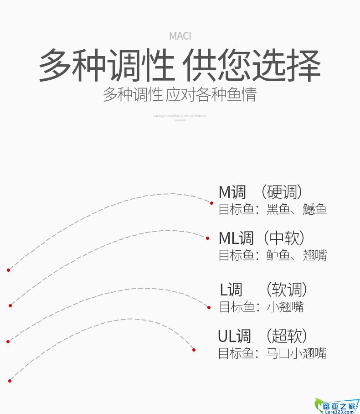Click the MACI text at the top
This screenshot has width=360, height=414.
180,36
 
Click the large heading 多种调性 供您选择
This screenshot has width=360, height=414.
180,66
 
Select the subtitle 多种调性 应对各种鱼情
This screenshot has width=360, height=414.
180,94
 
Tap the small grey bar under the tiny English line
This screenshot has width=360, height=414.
180,120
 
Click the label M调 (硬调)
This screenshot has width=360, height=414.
261,192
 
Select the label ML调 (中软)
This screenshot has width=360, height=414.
262,238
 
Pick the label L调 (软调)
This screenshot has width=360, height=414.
264,290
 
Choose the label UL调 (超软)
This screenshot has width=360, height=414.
262,336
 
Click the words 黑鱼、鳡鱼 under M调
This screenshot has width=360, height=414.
297,209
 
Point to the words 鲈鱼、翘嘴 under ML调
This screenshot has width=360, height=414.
297,255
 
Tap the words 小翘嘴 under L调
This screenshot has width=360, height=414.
285,307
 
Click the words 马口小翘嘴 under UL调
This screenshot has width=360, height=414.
297,353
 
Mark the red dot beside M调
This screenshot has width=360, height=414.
211,203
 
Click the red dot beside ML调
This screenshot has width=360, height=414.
208,238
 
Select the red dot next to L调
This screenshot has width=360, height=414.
209,307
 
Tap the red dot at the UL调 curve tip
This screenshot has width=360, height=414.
194,350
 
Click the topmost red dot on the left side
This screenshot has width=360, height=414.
8,270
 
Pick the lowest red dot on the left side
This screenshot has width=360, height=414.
10,381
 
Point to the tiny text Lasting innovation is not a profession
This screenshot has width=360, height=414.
180,116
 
